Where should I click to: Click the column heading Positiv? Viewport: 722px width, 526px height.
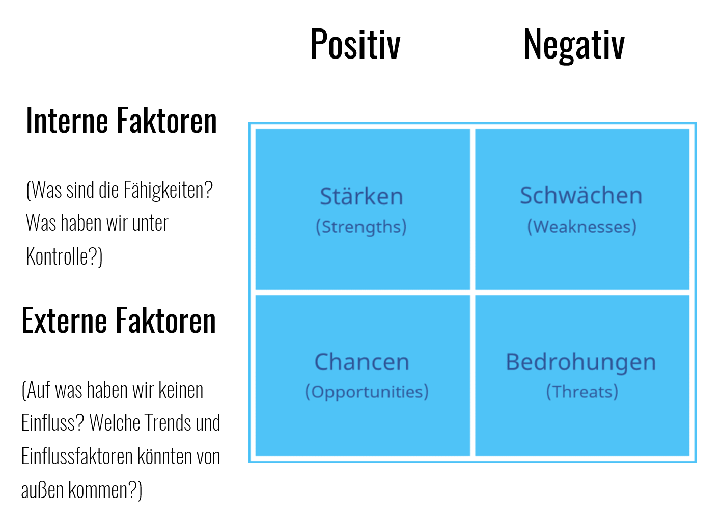coord(355,44)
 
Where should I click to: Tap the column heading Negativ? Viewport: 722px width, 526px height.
coord(574,45)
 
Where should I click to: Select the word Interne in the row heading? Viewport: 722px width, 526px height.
coord(67,121)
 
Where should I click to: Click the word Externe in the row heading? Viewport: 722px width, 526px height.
coord(64,320)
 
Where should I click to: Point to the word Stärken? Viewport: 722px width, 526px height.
coord(362,196)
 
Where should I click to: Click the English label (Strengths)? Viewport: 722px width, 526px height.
coord(361,227)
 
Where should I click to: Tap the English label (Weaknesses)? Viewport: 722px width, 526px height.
coord(582,227)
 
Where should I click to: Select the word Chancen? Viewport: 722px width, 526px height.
coord(362,362)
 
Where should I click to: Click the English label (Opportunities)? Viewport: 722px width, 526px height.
coord(367,392)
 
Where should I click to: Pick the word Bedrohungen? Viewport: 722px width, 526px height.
coord(581,362)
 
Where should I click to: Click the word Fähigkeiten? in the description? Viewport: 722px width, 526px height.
coord(168,190)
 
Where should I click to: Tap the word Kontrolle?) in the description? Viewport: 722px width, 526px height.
coord(64,257)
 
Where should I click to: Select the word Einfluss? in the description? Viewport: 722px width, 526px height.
coord(53,422)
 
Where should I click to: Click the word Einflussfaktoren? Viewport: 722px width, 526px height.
coord(77,456)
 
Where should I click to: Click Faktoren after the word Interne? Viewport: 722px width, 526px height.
coord(166,121)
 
